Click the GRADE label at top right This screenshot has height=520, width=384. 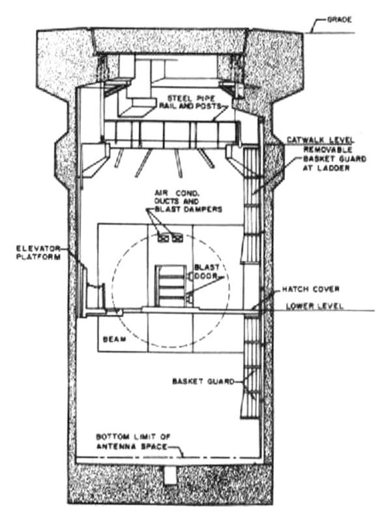coord(339,20)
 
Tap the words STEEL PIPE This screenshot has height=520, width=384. coord(192,98)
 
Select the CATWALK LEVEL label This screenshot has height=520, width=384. coord(320,140)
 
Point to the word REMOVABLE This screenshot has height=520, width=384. coord(328,149)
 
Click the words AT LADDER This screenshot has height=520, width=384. coord(326,168)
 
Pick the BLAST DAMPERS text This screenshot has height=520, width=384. coord(188,209)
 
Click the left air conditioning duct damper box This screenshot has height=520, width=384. coord(164,237)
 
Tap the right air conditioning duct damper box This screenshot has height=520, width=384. coord(177,237)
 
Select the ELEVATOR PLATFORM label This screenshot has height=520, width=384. coord(38,252)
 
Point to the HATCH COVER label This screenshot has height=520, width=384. coord(311,289)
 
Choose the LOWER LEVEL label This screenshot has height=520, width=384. coord(314,306)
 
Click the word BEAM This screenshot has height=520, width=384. coord(115,339)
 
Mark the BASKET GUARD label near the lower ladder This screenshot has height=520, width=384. coord(203,381)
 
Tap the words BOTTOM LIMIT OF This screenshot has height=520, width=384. coord(133,436)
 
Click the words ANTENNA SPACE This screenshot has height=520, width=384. coord(132,446)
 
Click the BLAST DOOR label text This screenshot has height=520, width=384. coord(207,271)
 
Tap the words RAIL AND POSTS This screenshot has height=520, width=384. coord(190,106)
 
